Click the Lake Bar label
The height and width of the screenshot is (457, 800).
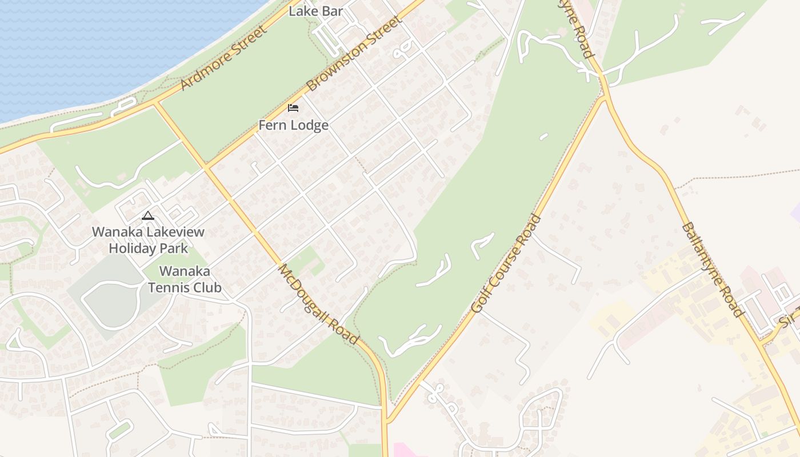[x=315, y=11]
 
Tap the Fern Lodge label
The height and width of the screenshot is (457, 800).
[x=293, y=125]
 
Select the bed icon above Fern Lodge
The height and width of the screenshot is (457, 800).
[x=293, y=107]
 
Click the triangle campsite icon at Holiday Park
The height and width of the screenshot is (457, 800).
[x=148, y=216]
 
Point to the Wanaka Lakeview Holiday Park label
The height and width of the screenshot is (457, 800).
[x=148, y=240]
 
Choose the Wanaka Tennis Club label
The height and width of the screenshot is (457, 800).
[x=185, y=279]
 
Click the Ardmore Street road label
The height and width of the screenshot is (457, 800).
[x=223, y=58]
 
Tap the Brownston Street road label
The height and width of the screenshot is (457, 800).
[x=354, y=53]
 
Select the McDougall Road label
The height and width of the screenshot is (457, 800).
[x=318, y=304]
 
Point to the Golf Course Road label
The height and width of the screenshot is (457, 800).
[x=506, y=263]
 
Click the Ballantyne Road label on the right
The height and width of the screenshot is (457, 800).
[x=712, y=270]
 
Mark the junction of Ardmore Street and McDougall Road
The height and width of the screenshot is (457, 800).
[x=155, y=103]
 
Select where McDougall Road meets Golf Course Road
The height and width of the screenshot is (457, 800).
[x=386, y=422]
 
